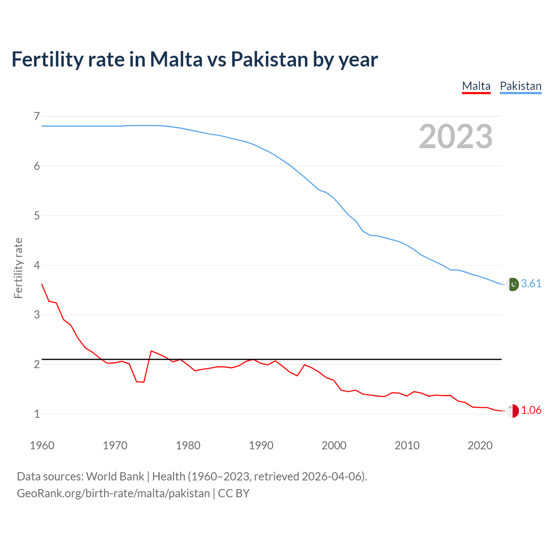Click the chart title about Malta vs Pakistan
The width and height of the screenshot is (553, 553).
194,60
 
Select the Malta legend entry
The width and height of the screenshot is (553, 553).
476,86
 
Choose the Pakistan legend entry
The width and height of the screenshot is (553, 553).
520,86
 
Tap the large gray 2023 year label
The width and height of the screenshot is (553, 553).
455,137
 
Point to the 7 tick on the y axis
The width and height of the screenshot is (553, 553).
37,116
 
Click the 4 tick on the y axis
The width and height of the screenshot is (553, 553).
37,265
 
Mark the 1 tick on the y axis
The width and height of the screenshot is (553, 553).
37,414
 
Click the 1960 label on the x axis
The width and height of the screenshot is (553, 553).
42,445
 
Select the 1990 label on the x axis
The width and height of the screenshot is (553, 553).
261,445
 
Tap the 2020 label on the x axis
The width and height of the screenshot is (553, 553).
480,445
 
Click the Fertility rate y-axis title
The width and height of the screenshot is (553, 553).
18,268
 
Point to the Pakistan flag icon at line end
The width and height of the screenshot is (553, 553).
512,284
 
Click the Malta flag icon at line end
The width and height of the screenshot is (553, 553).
512,411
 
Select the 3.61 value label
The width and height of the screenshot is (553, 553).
531,283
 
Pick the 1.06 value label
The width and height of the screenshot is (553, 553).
531,410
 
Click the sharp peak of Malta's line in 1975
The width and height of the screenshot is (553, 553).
151,351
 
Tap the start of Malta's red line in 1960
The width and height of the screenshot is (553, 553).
42,284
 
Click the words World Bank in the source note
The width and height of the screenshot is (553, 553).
115,477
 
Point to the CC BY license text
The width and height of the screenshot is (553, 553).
234,493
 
